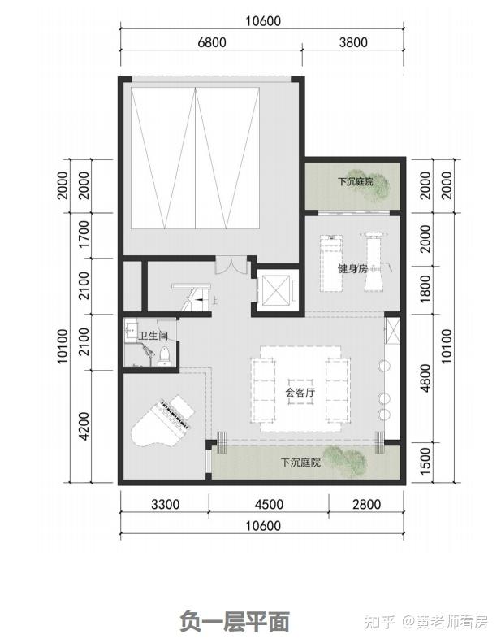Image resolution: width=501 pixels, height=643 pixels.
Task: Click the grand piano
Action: [161, 420]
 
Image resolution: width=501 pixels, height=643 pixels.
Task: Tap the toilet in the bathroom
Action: [164, 356]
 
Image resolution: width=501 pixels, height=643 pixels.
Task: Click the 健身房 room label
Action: [352, 269]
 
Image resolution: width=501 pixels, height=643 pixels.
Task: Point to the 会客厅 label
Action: [300, 393]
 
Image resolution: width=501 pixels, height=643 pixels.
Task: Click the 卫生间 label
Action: [153, 336]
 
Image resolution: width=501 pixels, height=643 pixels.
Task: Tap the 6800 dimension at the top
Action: [212, 42]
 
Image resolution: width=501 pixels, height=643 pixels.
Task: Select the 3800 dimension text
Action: [353, 42]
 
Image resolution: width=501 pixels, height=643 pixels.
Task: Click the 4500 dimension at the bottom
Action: [269, 504]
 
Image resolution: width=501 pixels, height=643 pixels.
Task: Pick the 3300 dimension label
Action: [165, 504]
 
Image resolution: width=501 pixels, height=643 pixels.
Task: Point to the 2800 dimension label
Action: [367, 504]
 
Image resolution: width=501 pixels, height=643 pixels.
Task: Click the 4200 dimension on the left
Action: [84, 427]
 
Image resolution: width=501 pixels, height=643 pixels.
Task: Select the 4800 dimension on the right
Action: [425, 378]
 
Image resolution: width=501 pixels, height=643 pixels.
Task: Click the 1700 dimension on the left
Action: [84, 234]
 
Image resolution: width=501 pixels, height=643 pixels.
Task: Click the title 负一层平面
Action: [235, 621]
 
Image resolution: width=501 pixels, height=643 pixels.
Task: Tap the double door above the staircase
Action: [232, 265]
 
